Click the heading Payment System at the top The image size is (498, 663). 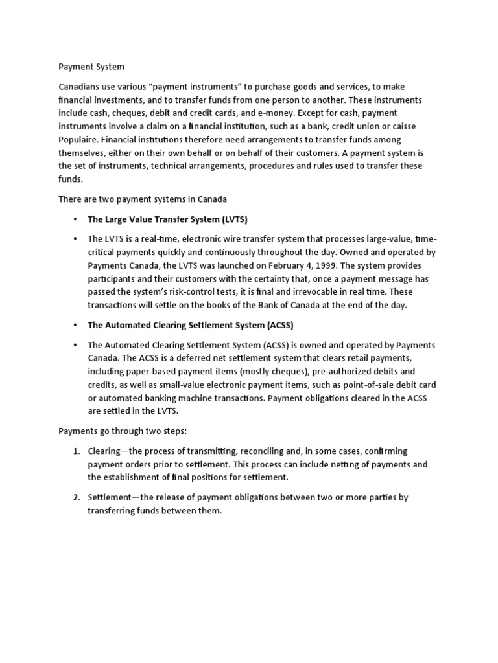91,67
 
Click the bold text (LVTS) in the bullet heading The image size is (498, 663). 235,219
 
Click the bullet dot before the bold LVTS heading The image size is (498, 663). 76,219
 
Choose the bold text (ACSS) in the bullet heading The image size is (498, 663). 281,325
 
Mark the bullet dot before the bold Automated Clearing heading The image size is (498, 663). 76,325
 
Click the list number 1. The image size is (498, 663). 76,451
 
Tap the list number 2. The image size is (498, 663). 76,498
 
